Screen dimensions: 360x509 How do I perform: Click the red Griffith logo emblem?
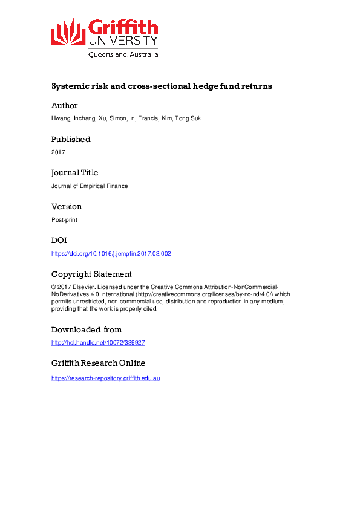(68, 32)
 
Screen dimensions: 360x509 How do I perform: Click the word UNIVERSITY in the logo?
(123, 41)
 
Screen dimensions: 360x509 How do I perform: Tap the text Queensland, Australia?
(123, 54)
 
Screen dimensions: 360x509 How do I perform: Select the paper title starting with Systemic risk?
(162, 86)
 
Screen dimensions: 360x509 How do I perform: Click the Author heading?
(64, 106)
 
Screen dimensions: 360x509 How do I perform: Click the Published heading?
(71, 139)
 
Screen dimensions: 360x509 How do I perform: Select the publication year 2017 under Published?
(58, 152)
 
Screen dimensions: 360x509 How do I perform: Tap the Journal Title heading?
(75, 173)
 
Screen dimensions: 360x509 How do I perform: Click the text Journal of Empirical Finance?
(90, 186)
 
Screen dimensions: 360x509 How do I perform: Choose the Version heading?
(67, 207)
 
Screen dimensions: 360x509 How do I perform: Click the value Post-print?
(64, 220)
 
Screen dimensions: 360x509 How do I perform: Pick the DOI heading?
(59, 241)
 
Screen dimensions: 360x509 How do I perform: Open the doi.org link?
(111, 254)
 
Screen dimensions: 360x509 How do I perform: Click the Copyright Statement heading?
(91, 274)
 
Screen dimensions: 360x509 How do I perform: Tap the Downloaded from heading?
(87, 329)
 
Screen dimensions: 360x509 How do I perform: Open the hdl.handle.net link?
(98, 343)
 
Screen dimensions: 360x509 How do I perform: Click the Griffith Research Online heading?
(98, 363)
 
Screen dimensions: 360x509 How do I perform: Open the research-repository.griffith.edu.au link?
(106, 378)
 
